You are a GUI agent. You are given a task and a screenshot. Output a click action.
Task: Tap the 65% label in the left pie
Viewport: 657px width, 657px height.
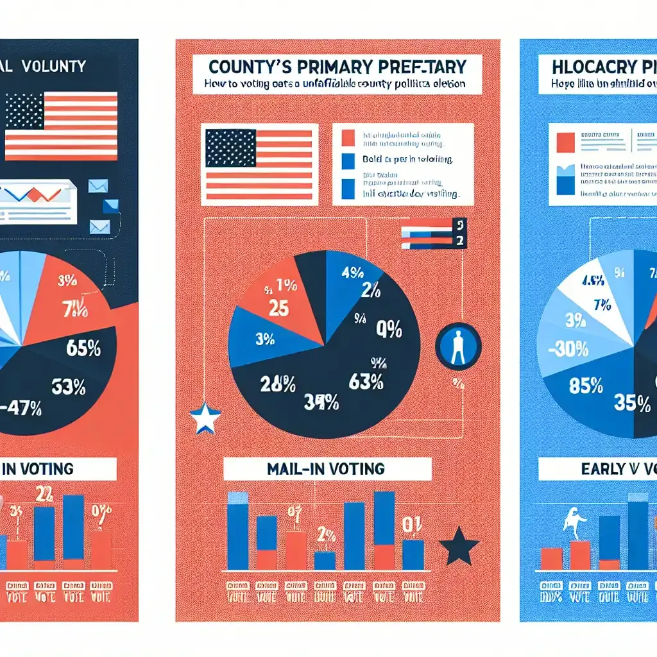(x=83, y=350)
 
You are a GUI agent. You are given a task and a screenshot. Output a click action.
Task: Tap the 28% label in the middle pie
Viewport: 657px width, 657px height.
(x=277, y=384)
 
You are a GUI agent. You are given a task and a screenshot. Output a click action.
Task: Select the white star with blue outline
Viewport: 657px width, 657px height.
(x=205, y=418)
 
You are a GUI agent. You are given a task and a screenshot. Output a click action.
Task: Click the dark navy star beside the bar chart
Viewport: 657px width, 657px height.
(x=459, y=546)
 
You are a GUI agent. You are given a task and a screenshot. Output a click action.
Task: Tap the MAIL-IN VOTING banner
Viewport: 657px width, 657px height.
(x=327, y=469)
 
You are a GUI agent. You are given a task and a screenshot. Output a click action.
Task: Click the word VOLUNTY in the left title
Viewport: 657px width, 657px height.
(x=54, y=66)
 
